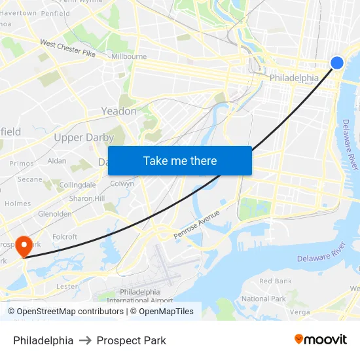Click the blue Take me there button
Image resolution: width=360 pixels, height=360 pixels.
[x=179, y=161]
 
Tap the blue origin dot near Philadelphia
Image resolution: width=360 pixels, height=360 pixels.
[x=337, y=63]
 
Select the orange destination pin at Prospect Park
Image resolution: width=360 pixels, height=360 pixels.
[x=24, y=245]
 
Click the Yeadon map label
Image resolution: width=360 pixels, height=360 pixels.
[x=118, y=111]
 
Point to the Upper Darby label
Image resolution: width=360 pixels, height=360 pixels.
[x=84, y=137]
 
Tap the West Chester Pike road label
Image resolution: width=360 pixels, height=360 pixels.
[x=68, y=48]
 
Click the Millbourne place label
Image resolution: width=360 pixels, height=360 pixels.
[x=129, y=57]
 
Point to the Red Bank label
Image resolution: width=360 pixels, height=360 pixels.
[x=276, y=281]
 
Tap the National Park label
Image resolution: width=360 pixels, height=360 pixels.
[x=264, y=299]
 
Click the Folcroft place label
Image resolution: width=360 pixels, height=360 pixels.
[x=65, y=237]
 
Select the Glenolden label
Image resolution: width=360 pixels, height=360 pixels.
[x=55, y=214]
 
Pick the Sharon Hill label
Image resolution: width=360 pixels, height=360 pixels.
[x=86, y=198]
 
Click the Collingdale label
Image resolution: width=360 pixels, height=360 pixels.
[x=78, y=185]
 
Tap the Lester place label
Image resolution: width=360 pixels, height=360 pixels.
[x=67, y=286]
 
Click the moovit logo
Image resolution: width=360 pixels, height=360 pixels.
[x=320, y=340]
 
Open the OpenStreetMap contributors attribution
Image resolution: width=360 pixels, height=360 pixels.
[x=65, y=312]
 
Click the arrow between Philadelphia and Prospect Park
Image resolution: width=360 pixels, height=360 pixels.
[x=85, y=340]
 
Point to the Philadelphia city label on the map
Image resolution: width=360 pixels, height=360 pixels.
[x=294, y=78]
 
